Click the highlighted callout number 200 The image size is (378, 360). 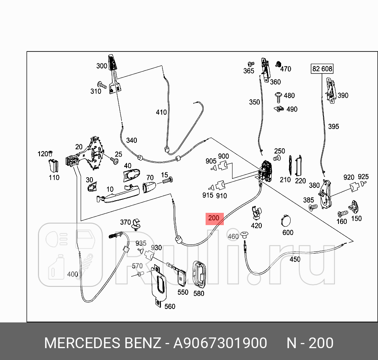pyautogui.click(x=214, y=218)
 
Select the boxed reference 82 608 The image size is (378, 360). pyautogui.click(x=322, y=69)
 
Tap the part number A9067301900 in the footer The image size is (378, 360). pyautogui.click(x=220, y=343)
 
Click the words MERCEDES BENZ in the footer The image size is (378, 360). pyautogui.click(x=102, y=343)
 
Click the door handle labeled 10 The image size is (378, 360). pyautogui.click(x=118, y=195)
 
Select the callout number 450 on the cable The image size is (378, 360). pyautogui.click(x=295, y=260)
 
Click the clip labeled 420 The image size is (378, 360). pyautogui.click(x=257, y=213)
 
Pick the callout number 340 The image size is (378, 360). pyautogui.click(x=132, y=140)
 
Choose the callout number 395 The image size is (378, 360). pyautogui.click(x=333, y=127)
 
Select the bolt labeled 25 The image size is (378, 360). pyautogui.click(x=115, y=161)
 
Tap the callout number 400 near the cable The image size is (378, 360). pyautogui.click(x=73, y=274)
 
